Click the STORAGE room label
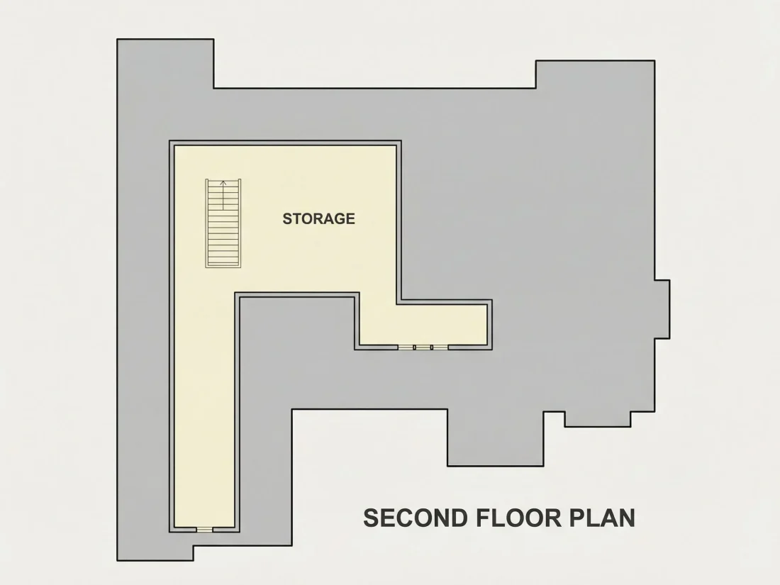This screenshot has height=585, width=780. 319,218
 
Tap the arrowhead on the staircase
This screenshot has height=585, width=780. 223,184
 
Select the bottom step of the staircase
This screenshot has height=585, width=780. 223,264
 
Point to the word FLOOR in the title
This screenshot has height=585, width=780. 518,518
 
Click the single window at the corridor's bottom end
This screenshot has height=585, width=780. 204,529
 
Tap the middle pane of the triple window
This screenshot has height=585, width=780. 423,347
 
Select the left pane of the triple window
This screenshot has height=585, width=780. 406,347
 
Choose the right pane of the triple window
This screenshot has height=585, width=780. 440,347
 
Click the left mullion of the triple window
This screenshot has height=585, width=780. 415,347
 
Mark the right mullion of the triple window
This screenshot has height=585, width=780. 432,347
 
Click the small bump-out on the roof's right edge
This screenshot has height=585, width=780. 662,309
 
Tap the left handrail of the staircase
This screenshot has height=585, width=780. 206,223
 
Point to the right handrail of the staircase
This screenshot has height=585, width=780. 240,223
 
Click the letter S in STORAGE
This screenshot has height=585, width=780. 287,218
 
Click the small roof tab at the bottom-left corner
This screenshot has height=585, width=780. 155,553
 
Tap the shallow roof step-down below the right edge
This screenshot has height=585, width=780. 598,419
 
